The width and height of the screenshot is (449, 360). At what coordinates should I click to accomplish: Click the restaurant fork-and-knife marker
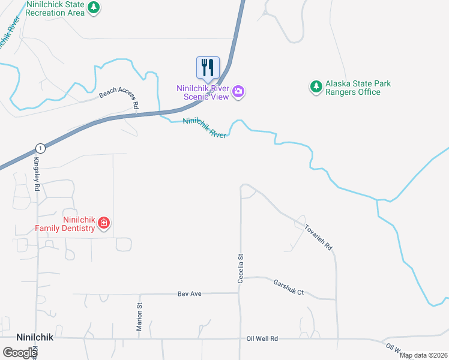(208, 67)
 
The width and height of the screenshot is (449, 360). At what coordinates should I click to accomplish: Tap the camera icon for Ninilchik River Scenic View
(239, 92)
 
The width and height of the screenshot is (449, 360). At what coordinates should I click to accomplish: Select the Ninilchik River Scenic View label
(202, 92)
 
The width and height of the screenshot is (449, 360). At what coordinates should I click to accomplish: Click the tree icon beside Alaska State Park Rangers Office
(316, 87)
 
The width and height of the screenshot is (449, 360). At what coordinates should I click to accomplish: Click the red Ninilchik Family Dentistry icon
(103, 223)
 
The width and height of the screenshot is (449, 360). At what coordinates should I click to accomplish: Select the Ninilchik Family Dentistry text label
(65, 223)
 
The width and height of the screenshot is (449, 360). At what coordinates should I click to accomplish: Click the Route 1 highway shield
(40, 148)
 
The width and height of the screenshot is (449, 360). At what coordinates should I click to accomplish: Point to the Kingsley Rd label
(37, 174)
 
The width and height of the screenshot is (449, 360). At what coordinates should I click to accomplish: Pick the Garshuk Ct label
(289, 287)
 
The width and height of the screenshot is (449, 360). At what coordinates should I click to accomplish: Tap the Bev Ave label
(189, 294)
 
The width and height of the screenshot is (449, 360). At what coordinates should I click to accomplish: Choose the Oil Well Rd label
(262, 339)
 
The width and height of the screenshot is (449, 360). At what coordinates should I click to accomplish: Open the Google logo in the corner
(20, 353)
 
